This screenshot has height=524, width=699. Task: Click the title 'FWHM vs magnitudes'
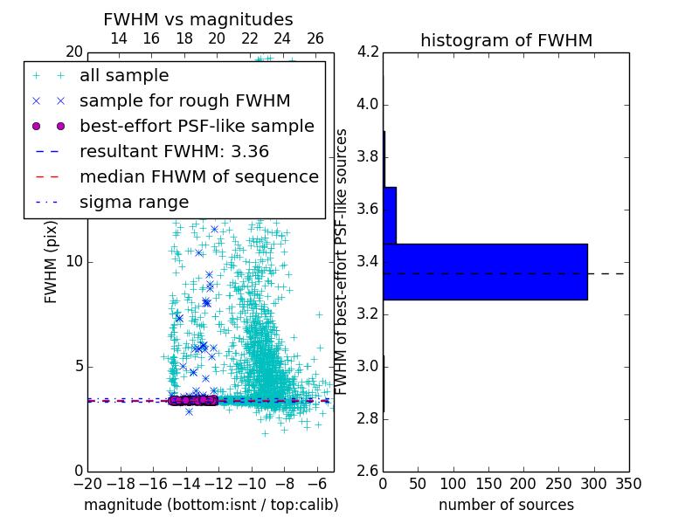click(198, 19)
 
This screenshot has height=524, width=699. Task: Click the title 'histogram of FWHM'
click(506, 40)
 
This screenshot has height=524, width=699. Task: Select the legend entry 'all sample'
click(124, 76)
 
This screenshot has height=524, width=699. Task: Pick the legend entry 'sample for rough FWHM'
click(184, 100)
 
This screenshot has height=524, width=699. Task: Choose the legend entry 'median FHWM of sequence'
click(198, 176)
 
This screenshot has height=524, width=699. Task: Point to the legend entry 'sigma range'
click(134, 202)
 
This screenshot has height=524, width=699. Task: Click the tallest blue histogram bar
click(485, 272)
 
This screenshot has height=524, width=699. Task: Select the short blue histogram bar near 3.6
click(390, 215)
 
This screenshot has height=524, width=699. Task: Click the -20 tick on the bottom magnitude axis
click(87, 482)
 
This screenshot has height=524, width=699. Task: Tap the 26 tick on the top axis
click(315, 38)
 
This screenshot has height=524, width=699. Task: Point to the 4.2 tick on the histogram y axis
click(367, 52)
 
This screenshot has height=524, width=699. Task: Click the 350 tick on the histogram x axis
click(628, 483)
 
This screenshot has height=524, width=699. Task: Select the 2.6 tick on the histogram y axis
click(367, 471)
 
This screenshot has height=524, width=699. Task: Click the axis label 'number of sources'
click(506, 505)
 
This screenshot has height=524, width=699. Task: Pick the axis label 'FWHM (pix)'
click(52, 261)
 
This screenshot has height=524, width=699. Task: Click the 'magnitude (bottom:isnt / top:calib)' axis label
click(211, 505)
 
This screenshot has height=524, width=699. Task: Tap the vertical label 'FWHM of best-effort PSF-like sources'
click(343, 261)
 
